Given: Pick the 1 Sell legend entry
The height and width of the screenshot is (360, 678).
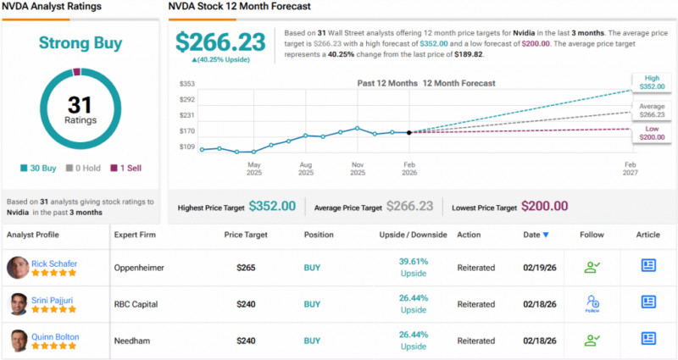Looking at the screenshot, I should pos(126,169).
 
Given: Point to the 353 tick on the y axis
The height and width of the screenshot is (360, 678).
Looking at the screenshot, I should pos(188,84).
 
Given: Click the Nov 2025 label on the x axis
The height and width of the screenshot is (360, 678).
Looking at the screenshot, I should pos(358,169).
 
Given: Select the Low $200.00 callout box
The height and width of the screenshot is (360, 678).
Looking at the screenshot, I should pos(651,131).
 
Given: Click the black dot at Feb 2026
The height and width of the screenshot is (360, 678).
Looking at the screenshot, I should pos(409,133).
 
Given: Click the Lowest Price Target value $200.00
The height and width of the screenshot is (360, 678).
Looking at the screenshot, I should pos(544,206).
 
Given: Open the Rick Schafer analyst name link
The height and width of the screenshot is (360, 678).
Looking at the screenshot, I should pos(54,263).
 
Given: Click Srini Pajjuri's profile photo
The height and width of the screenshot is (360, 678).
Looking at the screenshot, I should pos(17,303).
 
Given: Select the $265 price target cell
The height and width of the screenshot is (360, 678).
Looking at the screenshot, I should pos(247,267).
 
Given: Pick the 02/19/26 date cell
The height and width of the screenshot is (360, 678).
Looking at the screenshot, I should pos(539,267).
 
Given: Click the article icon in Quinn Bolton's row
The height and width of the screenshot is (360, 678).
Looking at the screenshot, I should pos(648,340).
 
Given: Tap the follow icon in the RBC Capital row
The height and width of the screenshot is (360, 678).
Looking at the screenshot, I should pos(592,302).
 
